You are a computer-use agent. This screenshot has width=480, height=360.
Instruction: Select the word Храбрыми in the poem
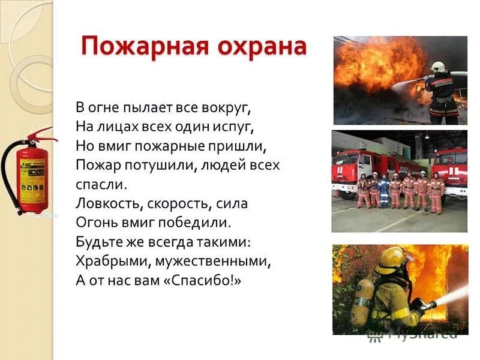[107, 261]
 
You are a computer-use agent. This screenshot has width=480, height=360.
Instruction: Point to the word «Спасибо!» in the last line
[202, 280]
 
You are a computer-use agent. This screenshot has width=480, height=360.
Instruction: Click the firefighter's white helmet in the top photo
[437, 65]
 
